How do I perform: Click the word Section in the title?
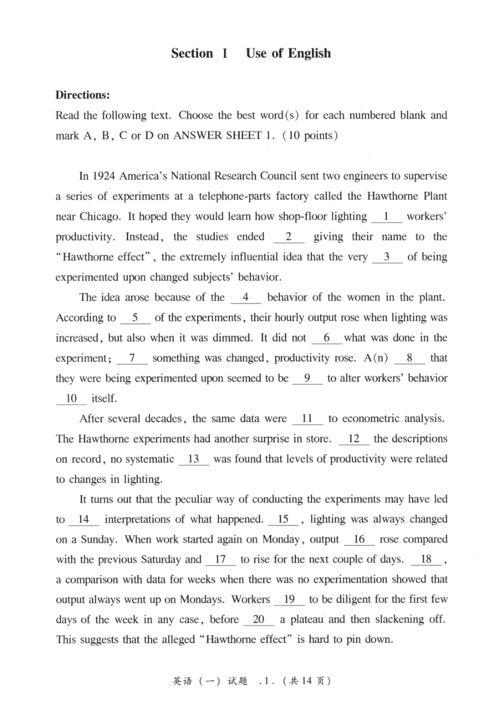[x=192, y=54]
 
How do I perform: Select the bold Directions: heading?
[x=83, y=95]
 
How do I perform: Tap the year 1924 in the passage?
[x=103, y=176]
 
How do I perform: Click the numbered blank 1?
[x=386, y=217]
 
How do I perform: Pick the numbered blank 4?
[x=245, y=297]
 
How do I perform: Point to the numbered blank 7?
[x=132, y=358]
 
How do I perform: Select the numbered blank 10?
[x=71, y=399]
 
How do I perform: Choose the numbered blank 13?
[x=193, y=459]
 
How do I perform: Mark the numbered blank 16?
[x=359, y=539]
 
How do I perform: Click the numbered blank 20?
[x=258, y=620]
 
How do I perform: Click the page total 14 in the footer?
[x=306, y=681]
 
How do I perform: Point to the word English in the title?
[x=309, y=54]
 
